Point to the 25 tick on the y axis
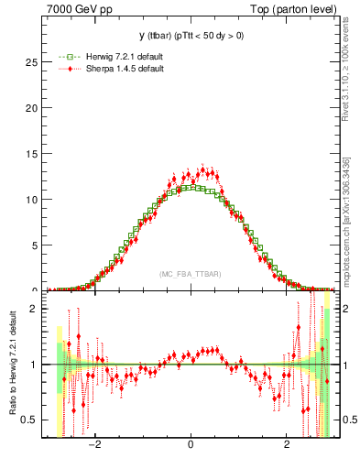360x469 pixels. [x=34, y=62]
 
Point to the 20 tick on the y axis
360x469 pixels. [x=34, y=108]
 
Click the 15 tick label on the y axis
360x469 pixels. [x=34, y=154]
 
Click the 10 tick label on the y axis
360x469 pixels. [x=34, y=200]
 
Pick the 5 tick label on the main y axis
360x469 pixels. [x=37, y=245]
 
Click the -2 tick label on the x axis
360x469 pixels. [x=93, y=446]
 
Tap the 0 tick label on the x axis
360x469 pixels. [x=191, y=446]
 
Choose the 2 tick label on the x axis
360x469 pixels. [x=287, y=446]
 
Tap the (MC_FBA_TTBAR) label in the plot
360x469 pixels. [x=190, y=275]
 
